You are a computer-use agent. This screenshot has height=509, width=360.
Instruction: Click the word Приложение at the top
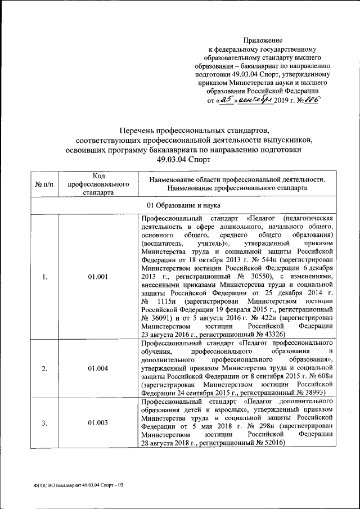pyautogui.click(x=263, y=40)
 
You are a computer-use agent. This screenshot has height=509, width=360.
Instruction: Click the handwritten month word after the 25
pyautogui.click(x=254, y=100)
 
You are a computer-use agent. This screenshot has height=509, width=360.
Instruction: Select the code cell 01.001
pyautogui.click(x=98, y=277)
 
